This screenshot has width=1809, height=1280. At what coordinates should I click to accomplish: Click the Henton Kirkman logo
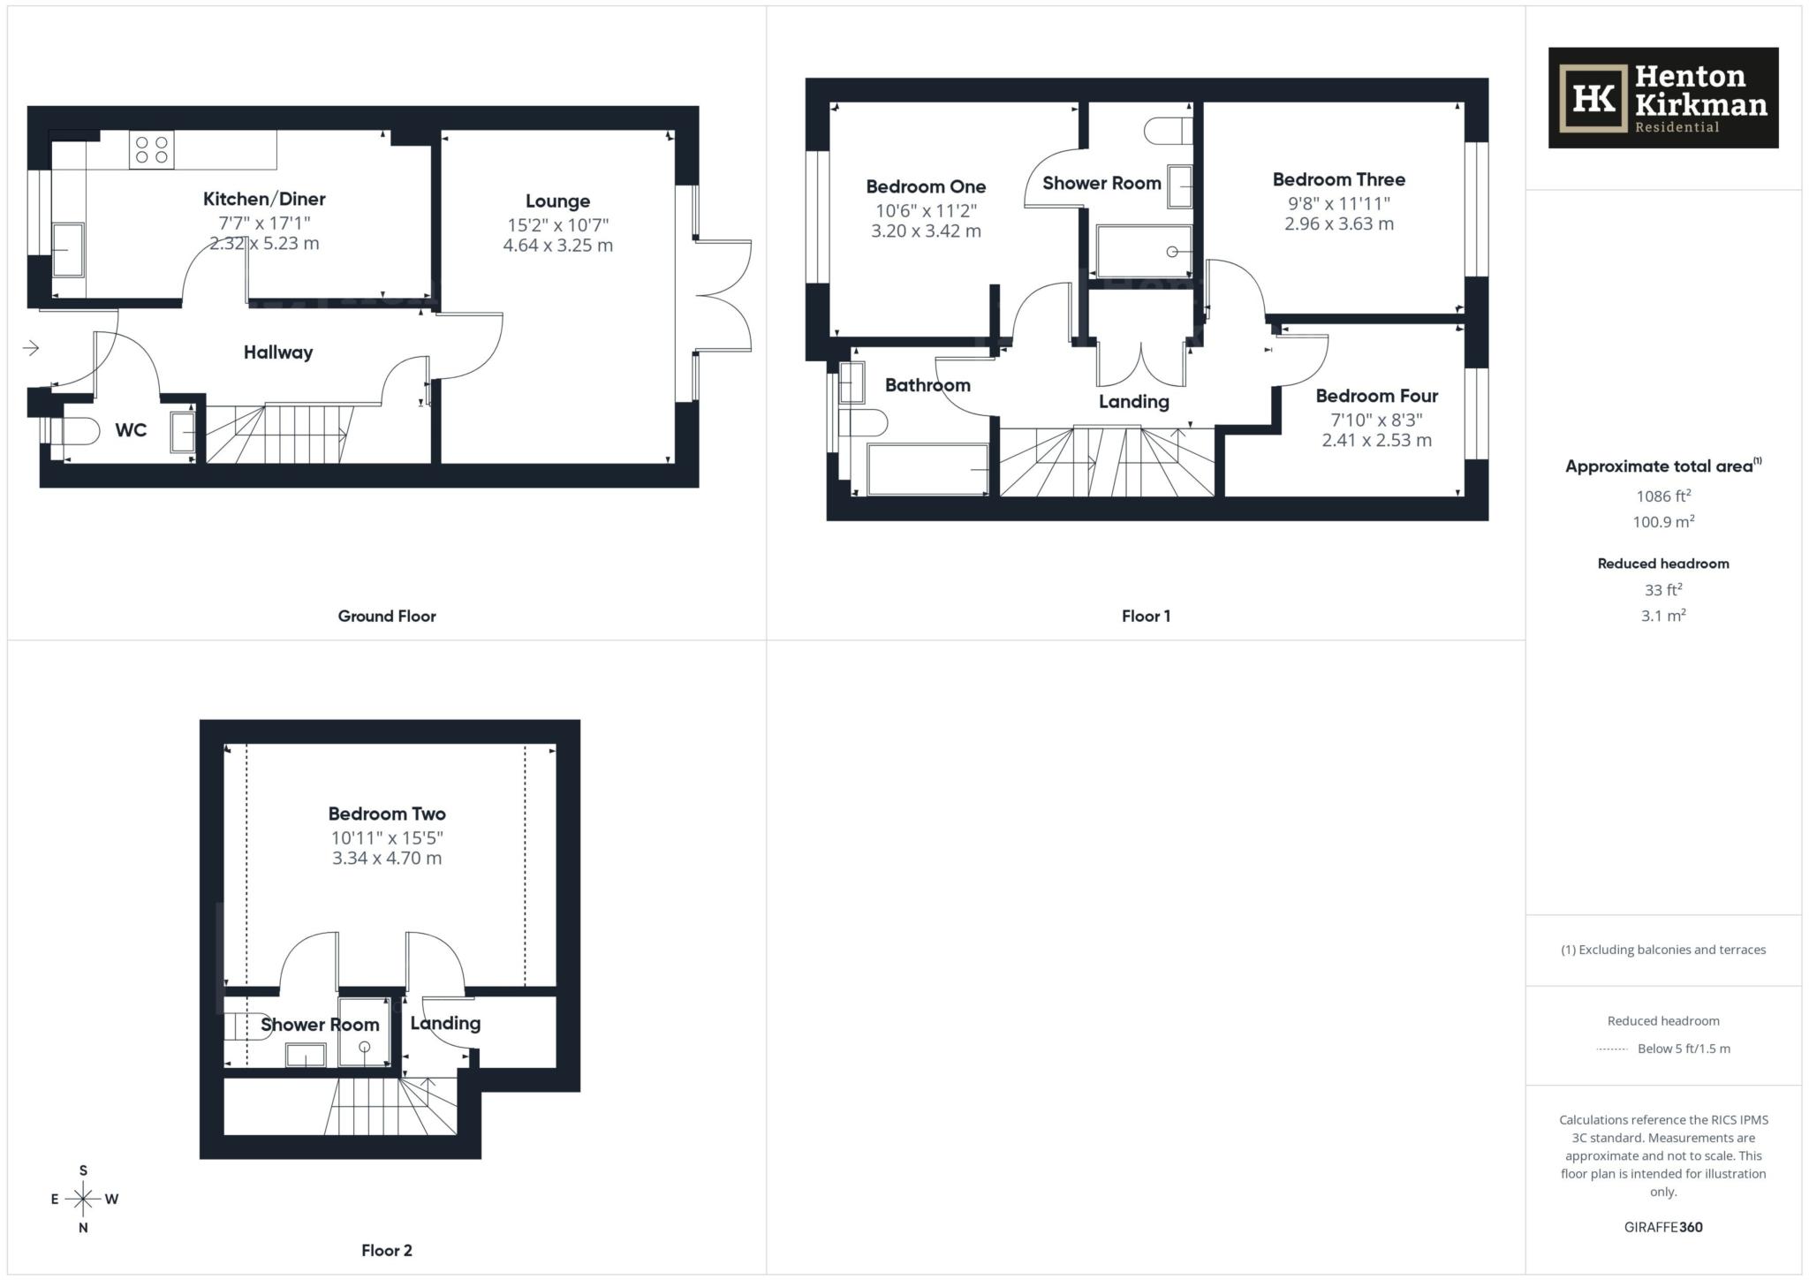coord(1662,97)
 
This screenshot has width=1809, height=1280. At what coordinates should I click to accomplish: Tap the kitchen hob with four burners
coord(151,149)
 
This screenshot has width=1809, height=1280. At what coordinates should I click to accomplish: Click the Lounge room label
coord(557,201)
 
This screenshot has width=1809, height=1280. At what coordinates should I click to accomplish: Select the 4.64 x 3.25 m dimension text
coord(557,246)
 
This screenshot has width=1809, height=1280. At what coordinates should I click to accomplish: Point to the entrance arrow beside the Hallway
coord(31,348)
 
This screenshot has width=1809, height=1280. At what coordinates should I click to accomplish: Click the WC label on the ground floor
coord(131,430)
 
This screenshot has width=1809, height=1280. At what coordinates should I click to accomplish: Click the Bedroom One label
coord(926,186)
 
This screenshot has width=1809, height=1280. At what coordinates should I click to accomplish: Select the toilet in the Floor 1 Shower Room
coord(1166,132)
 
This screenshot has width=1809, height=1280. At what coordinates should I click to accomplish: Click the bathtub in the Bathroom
coord(927,469)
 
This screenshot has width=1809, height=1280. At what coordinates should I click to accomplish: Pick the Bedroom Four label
coord(1376,396)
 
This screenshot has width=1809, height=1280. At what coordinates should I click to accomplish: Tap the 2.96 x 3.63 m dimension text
coord(1338,223)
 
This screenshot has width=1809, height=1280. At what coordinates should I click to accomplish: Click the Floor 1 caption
coord(1146,617)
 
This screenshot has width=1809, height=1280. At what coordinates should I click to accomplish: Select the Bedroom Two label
coord(387,814)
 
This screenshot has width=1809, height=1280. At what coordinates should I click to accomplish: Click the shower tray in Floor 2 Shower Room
coord(363,1032)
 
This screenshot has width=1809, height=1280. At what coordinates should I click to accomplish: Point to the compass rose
coord(84,1199)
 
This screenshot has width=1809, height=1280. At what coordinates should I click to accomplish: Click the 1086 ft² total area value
coord(1662,496)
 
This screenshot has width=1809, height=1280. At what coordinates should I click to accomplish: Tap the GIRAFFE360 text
coord(1662,1227)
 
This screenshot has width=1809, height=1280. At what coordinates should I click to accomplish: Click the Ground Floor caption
coord(387,617)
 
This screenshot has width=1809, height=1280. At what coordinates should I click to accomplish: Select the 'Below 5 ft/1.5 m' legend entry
coord(1683,1049)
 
